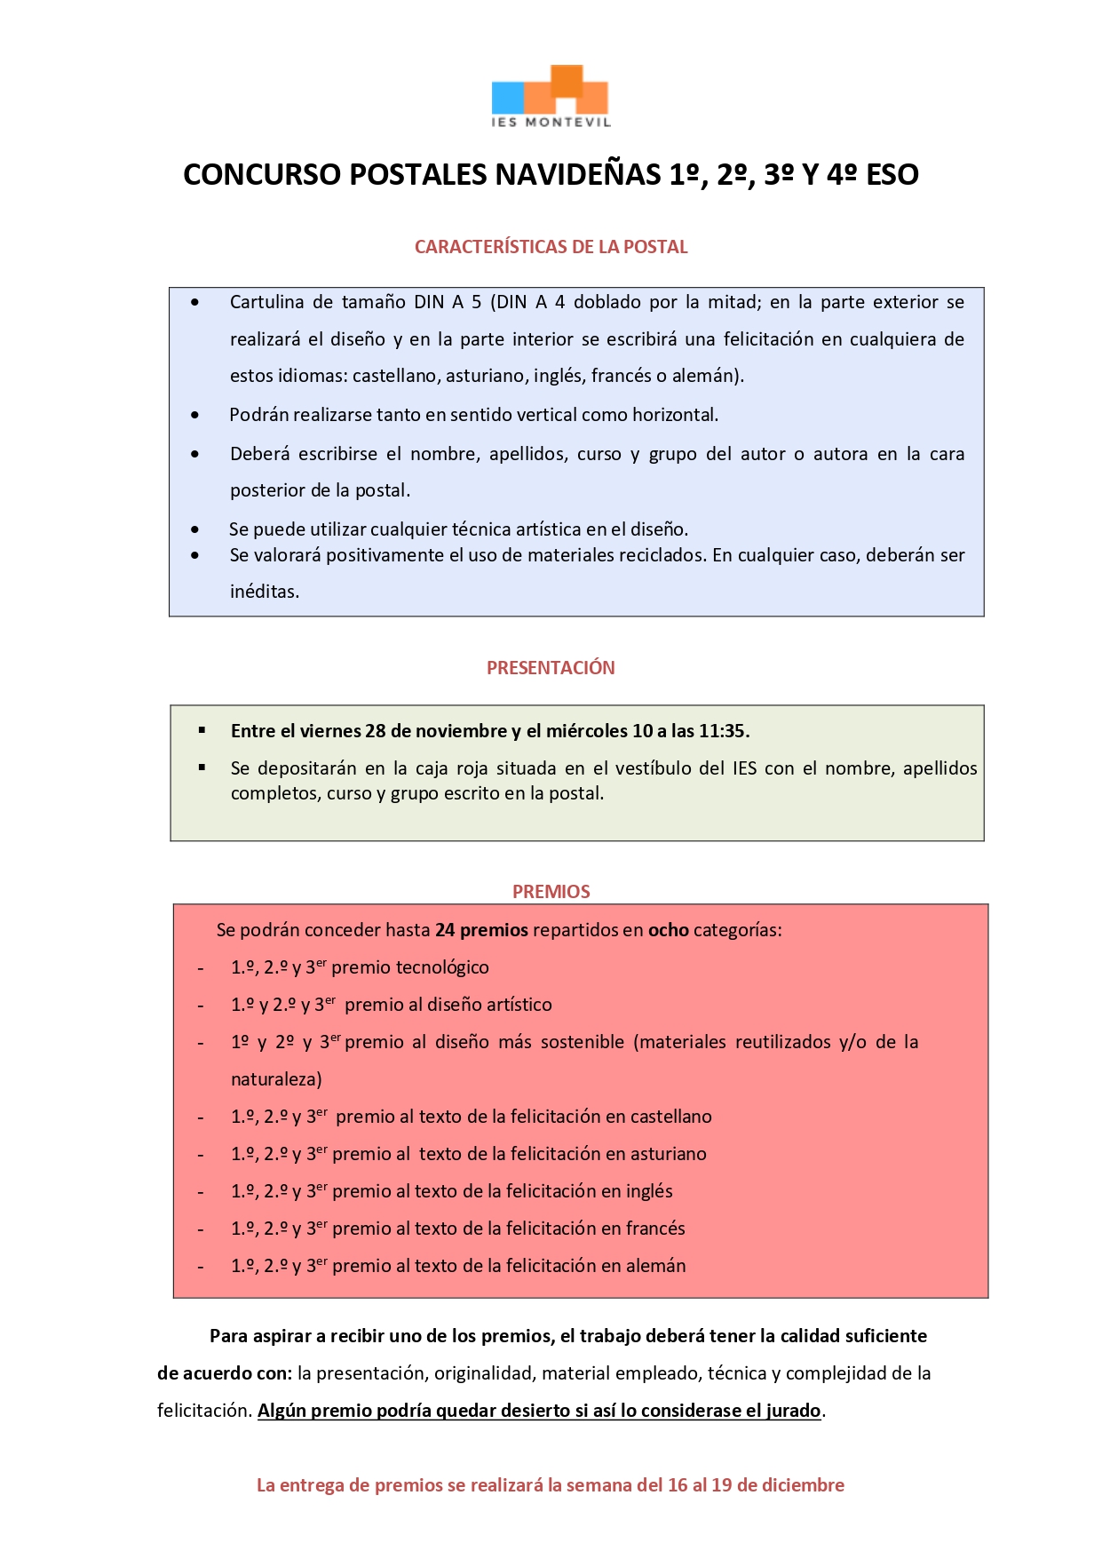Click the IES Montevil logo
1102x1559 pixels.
click(551, 96)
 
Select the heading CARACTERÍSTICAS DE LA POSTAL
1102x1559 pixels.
click(551, 247)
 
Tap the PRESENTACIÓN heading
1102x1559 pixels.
click(551, 668)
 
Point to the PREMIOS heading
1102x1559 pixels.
click(551, 892)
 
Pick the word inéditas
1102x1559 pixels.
click(264, 592)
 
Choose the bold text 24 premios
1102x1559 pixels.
click(481, 930)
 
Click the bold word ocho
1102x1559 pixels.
click(668, 930)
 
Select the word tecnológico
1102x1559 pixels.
click(444, 967)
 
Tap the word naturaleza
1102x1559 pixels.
click(275, 1079)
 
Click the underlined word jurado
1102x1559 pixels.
click(793, 1411)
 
